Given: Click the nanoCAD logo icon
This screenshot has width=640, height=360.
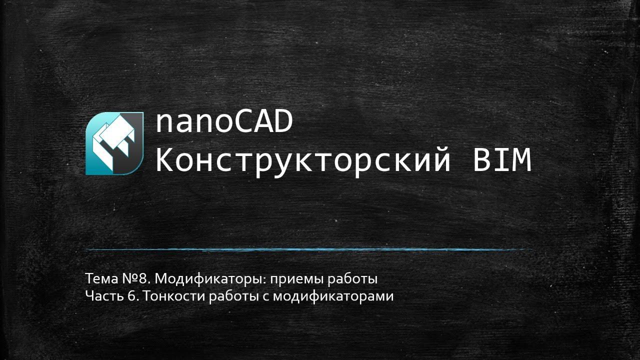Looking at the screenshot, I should (114, 143).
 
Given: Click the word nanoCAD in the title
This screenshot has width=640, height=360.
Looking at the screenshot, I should (224, 123).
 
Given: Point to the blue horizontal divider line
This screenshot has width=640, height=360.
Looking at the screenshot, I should (307, 249).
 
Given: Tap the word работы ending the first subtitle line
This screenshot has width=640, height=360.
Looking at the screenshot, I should (352, 278).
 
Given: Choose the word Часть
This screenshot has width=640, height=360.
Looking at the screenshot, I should (100, 296).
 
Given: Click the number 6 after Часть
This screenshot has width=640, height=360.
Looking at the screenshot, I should (131, 296).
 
